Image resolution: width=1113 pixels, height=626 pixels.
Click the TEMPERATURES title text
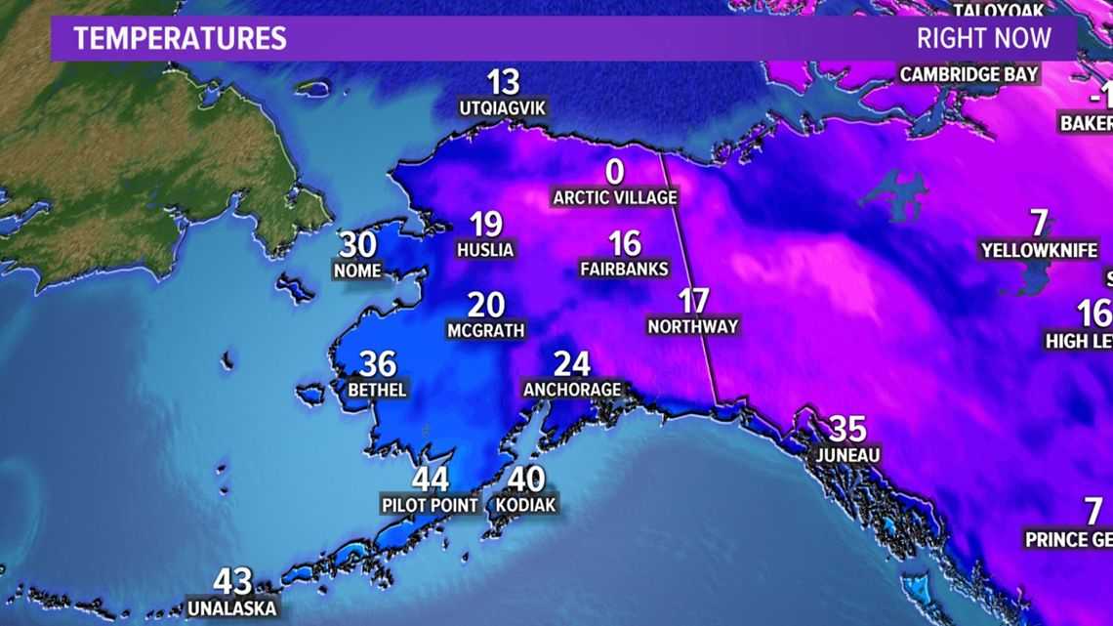pyautogui.click(x=180, y=39)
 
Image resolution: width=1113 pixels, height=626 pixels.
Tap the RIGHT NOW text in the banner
pyautogui.click(x=983, y=39)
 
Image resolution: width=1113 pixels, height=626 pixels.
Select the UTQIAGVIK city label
pyautogui.click(x=503, y=106)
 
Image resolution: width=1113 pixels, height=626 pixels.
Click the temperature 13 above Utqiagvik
pyautogui.click(x=503, y=82)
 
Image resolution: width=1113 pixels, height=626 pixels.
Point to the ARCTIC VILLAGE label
pyautogui.click(x=615, y=197)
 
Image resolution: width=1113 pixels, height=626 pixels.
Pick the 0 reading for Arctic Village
pyautogui.click(x=615, y=172)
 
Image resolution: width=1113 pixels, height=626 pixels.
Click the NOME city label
pyautogui.click(x=357, y=270)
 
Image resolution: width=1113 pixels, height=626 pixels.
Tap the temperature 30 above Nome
pyautogui.click(x=358, y=244)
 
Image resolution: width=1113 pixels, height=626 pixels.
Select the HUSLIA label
pyautogui.click(x=485, y=250)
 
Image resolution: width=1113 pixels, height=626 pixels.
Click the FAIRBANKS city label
pyautogui.click(x=624, y=269)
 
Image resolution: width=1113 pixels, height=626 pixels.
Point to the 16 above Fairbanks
pyautogui.click(x=625, y=242)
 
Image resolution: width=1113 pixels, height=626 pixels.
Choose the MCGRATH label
pyautogui.click(x=486, y=331)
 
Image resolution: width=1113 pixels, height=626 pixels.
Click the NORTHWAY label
pyautogui.click(x=693, y=326)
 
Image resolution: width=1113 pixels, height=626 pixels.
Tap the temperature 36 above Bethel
pyautogui.click(x=378, y=364)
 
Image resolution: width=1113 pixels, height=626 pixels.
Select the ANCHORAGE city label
pyautogui.click(x=572, y=390)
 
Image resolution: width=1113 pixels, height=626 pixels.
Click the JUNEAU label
pyautogui.click(x=849, y=455)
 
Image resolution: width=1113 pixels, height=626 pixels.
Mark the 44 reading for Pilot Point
pyautogui.click(x=431, y=480)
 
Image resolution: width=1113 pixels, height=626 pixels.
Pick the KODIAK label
pyautogui.click(x=526, y=505)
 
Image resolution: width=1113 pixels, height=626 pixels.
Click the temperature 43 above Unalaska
pyautogui.click(x=232, y=582)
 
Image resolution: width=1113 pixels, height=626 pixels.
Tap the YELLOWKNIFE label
pyautogui.click(x=1039, y=251)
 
